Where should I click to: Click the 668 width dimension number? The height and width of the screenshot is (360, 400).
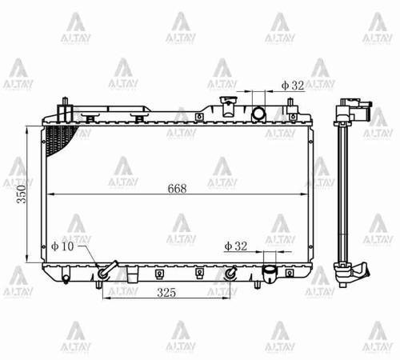(178, 189)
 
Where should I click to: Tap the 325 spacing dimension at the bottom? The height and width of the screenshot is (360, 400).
(166, 293)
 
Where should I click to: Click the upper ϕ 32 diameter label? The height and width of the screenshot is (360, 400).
(292, 84)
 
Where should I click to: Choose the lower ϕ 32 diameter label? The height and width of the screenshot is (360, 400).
(236, 246)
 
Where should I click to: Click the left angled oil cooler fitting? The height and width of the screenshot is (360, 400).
(103, 270)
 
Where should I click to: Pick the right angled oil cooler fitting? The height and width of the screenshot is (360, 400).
(231, 273)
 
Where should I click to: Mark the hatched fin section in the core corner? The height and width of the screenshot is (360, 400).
(60, 140)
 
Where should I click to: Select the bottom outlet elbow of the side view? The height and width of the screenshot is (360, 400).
(352, 276)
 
